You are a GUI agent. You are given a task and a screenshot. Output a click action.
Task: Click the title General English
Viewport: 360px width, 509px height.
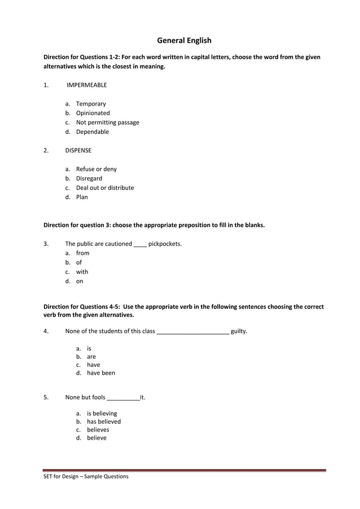click(x=184, y=41)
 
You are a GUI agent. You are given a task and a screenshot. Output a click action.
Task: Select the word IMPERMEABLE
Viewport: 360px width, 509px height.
click(x=86, y=85)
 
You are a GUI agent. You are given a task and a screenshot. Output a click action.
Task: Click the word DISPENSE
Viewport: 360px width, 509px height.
click(x=78, y=151)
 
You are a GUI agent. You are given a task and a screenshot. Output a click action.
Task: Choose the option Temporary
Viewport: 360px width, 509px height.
click(x=91, y=104)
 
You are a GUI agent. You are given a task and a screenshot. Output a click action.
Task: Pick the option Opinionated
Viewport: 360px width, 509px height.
click(x=93, y=113)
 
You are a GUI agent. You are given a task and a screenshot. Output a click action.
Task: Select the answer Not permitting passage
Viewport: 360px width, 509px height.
click(x=107, y=122)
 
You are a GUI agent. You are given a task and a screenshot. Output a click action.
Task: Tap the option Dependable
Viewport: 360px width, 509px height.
click(x=92, y=132)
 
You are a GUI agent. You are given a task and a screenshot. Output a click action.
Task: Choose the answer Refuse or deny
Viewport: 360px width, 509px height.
click(x=96, y=169)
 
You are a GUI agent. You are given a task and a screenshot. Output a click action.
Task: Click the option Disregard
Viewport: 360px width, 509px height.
click(x=89, y=178)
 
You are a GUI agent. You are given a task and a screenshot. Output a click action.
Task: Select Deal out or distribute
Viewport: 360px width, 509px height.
click(x=105, y=188)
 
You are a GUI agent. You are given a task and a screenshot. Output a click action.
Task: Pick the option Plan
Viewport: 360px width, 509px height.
click(x=82, y=198)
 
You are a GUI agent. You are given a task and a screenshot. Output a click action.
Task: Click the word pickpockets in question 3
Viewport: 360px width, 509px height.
click(x=165, y=244)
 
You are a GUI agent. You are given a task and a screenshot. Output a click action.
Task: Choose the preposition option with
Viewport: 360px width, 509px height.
click(x=82, y=272)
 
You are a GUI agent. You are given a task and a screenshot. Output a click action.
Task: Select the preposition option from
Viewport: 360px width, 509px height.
click(x=82, y=253)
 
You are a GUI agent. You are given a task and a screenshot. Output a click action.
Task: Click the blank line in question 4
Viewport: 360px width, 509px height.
click(x=192, y=332)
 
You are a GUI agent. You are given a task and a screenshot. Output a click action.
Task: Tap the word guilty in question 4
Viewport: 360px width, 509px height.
click(x=239, y=331)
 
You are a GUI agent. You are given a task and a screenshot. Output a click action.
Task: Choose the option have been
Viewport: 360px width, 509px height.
click(x=100, y=373)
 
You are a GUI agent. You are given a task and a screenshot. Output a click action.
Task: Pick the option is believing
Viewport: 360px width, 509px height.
click(x=102, y=414)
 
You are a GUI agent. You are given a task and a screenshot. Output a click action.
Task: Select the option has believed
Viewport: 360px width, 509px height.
click(x=103, y=422)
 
